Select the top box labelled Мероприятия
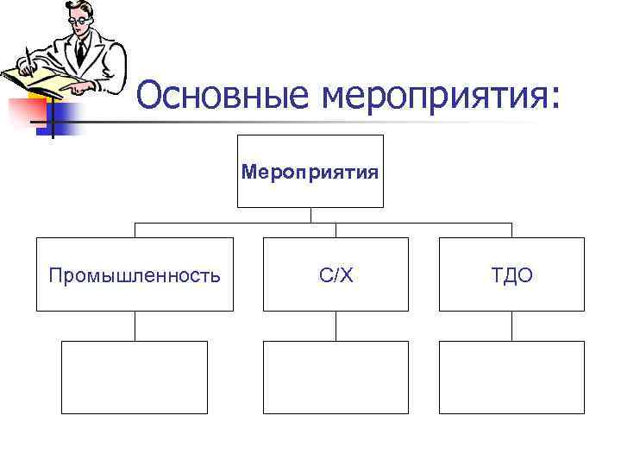click(x=310, y=172)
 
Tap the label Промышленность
click(x=135, y=276)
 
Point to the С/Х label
click(x=336, y=276)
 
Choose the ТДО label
click(x=511, y=276)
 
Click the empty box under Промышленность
click(x=135, y=377)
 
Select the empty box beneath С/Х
click(x=336, y=377)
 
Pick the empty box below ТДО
click(x=511, y=377)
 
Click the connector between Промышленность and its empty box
click(x=135, y=325)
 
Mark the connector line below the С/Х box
click(x=336, y=325)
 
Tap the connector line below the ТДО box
click(x=511, y=325)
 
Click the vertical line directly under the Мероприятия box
click(x=310, y=215)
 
